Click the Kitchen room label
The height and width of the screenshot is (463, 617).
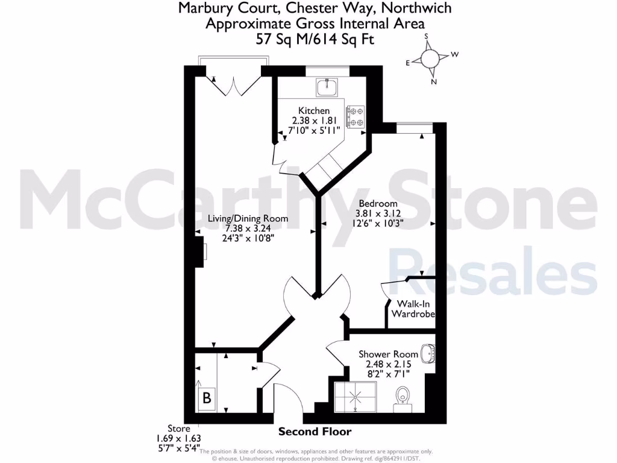[314, 110]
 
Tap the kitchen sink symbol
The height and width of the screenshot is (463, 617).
[328, 88]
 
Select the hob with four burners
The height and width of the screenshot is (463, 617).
[355, 116]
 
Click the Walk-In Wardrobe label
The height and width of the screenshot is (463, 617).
[413, 309]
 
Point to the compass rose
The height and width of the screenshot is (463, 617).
[430, 58]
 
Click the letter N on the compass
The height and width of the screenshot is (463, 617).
[434, 81]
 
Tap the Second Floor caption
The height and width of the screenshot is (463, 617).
[315, 432]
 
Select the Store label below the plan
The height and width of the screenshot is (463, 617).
[168, 429]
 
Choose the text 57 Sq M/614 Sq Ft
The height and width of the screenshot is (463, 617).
[315, 39]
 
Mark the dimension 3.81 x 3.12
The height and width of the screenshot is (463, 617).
[378, 213]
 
